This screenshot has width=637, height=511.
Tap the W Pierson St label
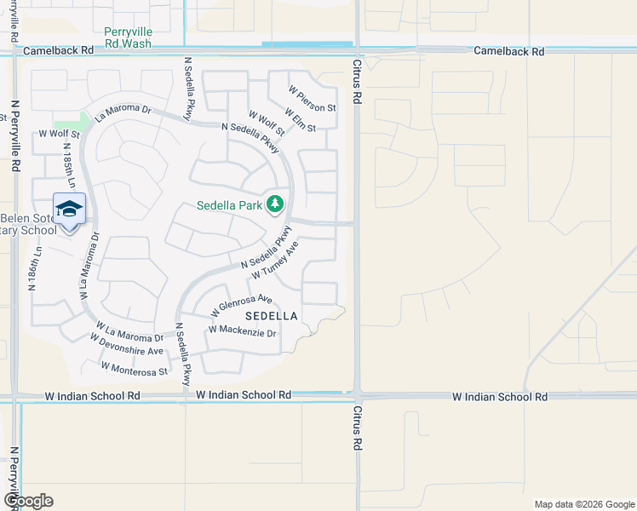[312, 98]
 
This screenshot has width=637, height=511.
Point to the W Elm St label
[301, 119]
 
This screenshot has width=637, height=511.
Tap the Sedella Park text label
[229, 204]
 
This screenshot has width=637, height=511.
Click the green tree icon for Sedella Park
[274, 204]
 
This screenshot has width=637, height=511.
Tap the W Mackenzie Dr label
[243, 330]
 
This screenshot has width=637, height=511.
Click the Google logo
[28, 501]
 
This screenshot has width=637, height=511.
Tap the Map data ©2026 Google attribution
[584, 504]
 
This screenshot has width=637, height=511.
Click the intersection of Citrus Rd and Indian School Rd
[357, 396]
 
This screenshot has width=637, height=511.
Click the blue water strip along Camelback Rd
[307, 44]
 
